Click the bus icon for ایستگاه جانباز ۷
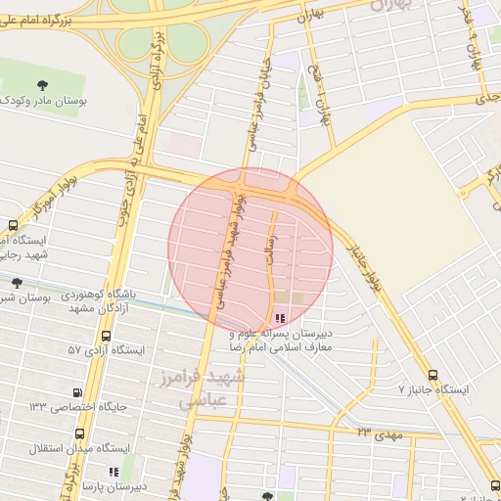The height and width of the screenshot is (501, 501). [x=433, y=375]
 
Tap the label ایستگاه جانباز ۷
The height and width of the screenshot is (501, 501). [x=434, y=389]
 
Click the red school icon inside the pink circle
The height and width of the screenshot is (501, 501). [x=282, y=317]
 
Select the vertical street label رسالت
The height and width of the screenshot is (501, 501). [x=273, y=250]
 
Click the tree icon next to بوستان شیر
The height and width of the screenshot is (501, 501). [x=17, y=283]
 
